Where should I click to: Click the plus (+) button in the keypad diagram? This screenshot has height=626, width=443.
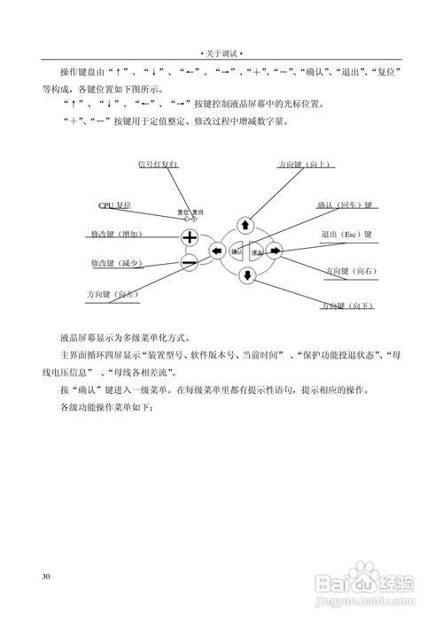pyautogui.click(x=190, y=237)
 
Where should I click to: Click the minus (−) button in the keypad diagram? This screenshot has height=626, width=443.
pyautogui.click(x=190, y=262)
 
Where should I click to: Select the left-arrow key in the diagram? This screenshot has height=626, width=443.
pyautogui.click(x=216, y=251)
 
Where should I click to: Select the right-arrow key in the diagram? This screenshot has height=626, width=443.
pyautogui.click(x=275, y=251)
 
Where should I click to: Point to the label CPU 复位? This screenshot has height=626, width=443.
pyautogui.click(x=114, y=205)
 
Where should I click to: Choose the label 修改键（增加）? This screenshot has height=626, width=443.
pyautogui.click(x=117, y=234)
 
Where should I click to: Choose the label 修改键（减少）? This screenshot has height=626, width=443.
pyautogui.click(x=117, y=263)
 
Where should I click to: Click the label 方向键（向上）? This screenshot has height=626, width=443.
pyautogui.click(x=306, y=165)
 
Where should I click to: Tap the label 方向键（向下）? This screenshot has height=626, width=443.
pyautogui.click(x=347, y=305)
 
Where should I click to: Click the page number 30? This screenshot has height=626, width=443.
pyautogui.click(x=46, y=576)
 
